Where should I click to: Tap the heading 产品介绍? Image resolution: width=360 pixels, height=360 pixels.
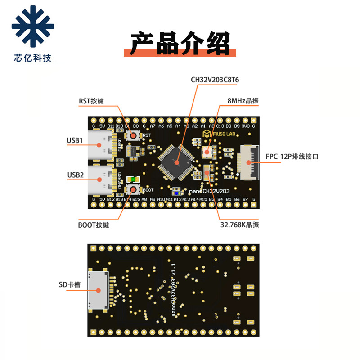[180, 44]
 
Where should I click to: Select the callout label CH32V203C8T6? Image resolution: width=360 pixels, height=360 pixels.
[215, 80]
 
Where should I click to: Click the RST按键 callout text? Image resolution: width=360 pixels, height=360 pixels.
[91, 101]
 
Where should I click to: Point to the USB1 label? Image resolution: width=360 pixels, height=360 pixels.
[75, 141]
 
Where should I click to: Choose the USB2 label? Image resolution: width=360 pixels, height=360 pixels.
[75, 175]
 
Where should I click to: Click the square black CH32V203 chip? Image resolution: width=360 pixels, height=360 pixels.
[176, 160]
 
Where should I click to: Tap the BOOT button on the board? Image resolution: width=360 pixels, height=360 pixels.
[134, 189]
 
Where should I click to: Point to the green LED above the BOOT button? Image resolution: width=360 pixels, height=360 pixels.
[133, 180]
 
